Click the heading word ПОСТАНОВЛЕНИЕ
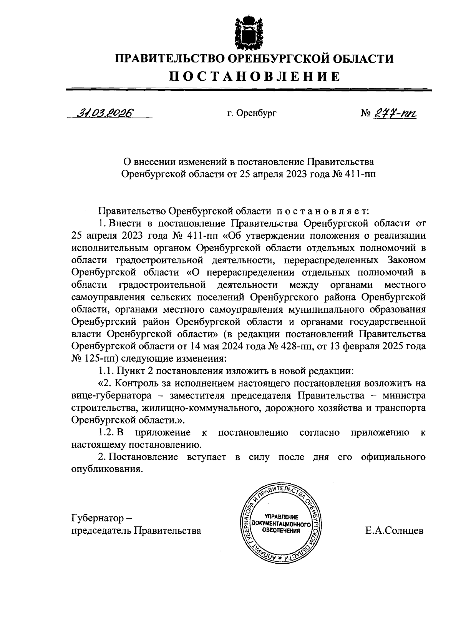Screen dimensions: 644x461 pos(255,76)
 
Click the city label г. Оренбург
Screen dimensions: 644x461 pos(252,113)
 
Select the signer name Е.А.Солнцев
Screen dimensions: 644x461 pos(395,531)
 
